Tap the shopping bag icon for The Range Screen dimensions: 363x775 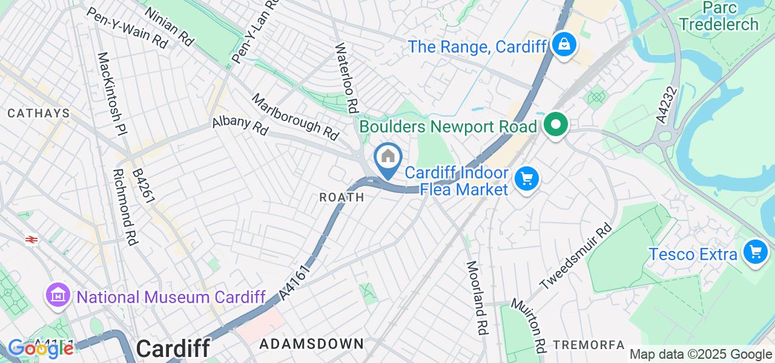click(x=564, y=44)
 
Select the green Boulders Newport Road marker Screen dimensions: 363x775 click(x=555, y=125)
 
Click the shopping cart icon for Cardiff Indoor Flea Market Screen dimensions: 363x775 click(x=526, y=179)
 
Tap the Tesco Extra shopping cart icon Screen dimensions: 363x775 click(x=755, y=251)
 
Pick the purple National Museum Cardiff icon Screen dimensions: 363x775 click(x=58, y=295)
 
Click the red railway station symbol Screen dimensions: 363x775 click(x=31, y=240)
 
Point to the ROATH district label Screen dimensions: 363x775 click(x=342, y=197)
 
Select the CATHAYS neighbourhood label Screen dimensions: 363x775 click(x=39, y=113)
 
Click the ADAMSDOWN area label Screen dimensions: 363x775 click(x=312, y=344)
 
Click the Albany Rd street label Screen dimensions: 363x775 click(x=240, y=125)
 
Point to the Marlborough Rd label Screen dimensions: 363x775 click(x=295, y=117)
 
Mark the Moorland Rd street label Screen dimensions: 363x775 click(x=477, y=298)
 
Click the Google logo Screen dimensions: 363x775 click(x=40, y=348)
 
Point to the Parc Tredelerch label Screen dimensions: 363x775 click(x=719, y=16)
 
